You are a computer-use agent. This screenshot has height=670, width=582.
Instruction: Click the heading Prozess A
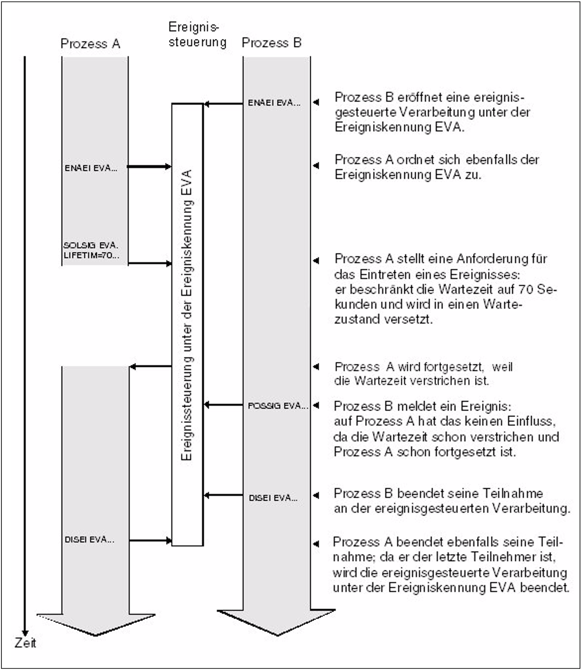(90, 44)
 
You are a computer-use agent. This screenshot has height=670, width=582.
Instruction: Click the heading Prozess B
(272, 43)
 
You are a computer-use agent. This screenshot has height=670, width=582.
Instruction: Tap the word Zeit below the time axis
(25, 643)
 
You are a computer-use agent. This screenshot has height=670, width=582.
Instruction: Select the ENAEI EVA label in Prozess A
(91, 168)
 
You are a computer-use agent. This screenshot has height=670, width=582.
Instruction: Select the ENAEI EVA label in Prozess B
(274, 103)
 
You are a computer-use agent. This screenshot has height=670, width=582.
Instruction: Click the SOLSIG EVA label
(91, 245)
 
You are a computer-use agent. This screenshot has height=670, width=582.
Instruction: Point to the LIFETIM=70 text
(91, 255)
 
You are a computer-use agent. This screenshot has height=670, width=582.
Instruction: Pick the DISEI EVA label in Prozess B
(273, 498)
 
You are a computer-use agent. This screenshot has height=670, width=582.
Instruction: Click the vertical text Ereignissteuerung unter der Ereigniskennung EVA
(187, 315)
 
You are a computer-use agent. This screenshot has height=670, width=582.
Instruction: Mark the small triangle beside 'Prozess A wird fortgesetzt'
(316, 367)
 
